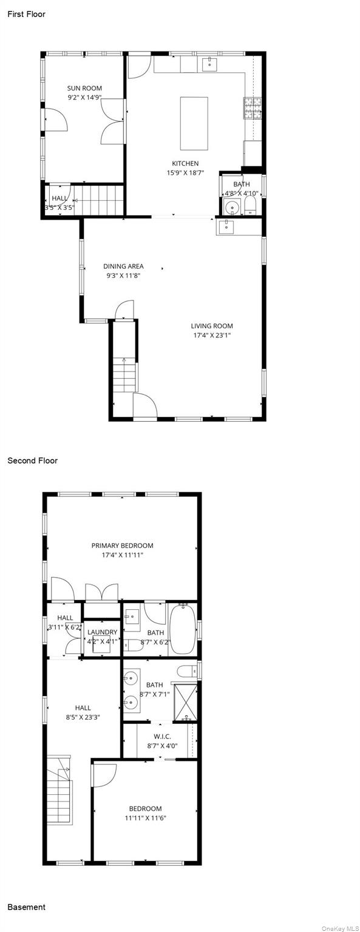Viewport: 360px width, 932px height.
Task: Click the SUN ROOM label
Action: (84, 88)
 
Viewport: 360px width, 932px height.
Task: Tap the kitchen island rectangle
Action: (194, 123)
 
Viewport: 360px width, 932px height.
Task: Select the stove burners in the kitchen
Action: (253, 108)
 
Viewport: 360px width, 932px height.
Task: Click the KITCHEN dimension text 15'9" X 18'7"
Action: (185, 173)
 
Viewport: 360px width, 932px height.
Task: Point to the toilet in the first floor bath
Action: (250, 206)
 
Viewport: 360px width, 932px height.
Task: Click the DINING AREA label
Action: (124, 266)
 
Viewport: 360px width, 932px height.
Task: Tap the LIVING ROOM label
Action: (212, 326)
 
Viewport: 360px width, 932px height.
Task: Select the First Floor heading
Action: (27, 14)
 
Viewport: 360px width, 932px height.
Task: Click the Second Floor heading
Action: (32, 461)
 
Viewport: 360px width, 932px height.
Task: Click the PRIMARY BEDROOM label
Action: (123, 545)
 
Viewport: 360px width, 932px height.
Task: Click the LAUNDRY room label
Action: (103, 632)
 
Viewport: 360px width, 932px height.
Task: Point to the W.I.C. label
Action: (162, 737)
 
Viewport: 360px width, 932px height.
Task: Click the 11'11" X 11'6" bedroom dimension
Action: (145, 817)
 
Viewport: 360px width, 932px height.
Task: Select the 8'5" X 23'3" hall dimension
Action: (83, 717)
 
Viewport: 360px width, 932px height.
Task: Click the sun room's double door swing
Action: (112, 121)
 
